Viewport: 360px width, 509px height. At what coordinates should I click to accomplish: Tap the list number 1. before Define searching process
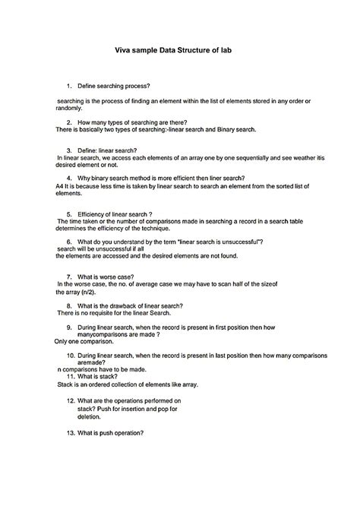[x=69, y=86]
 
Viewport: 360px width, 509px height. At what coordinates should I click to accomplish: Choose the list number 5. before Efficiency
[x=69, y=214]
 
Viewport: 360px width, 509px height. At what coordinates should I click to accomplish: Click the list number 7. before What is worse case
[x=69, y=277]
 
